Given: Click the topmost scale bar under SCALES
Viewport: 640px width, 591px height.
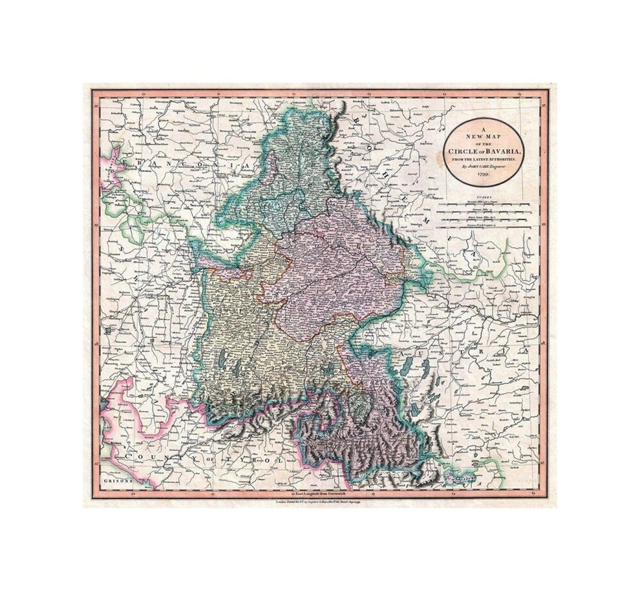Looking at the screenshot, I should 484,203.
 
